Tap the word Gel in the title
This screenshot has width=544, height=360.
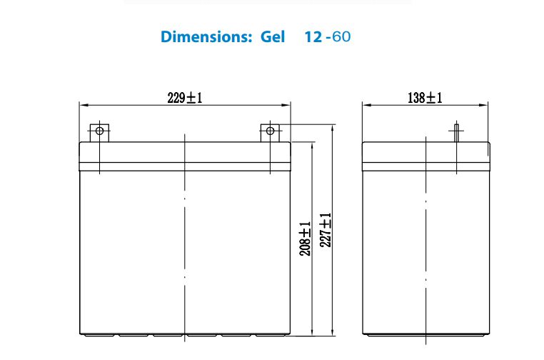point(273,36)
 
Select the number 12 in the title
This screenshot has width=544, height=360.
point(312,36)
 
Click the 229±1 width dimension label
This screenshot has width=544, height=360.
point(185,98)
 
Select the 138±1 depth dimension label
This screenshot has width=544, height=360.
point(425,98)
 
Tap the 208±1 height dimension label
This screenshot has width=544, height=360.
point(306,239)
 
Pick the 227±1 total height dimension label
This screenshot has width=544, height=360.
point(326,230)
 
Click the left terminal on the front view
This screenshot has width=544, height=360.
point(99,132)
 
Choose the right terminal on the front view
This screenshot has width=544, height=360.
point(270,132)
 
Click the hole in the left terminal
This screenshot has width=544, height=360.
point(99,131)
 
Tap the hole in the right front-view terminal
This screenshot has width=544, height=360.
point(270,131)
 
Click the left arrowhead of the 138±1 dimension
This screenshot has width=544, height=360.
point(366,105)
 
